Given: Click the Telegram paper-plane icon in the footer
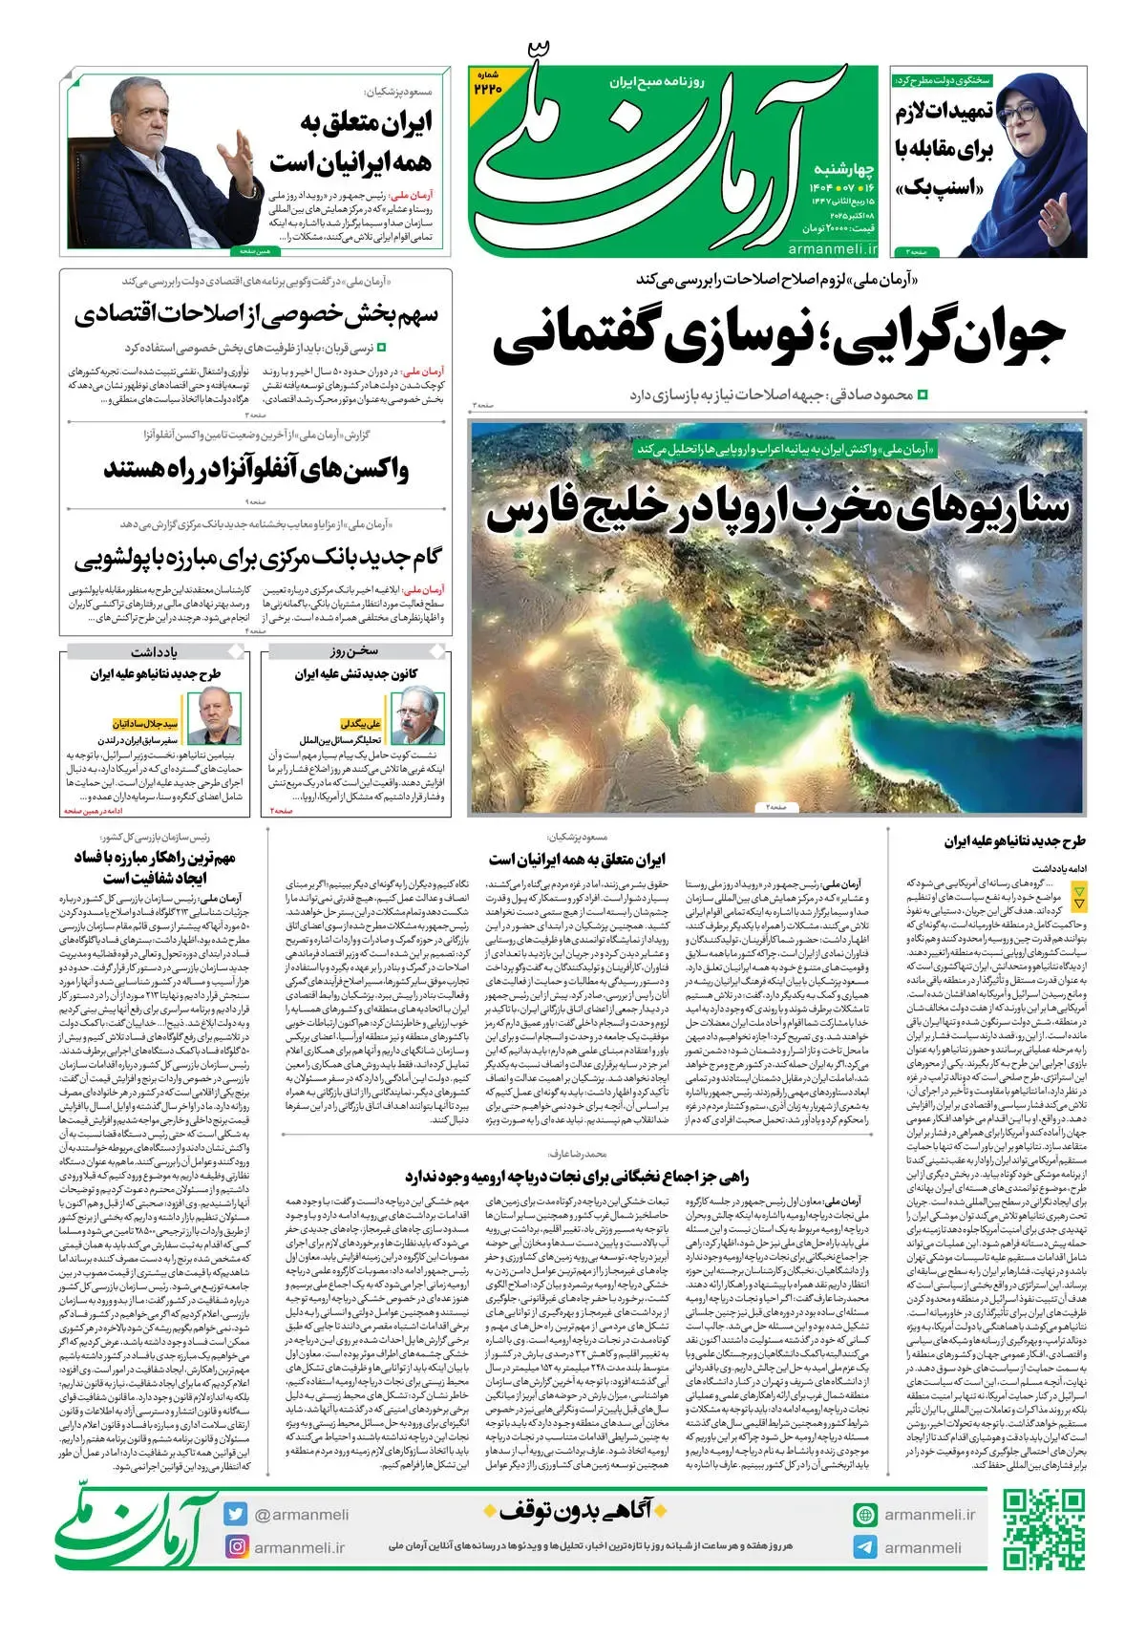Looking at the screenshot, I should [x=865, y=1548].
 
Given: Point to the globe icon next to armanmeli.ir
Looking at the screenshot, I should [x=865, y=1515].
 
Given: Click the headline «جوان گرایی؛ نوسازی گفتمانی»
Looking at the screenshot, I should [x=778, y=340].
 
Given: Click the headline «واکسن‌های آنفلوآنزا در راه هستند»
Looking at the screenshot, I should [x=256, y=471].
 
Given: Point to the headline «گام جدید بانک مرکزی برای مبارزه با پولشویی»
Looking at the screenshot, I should [x=256, y=557].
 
